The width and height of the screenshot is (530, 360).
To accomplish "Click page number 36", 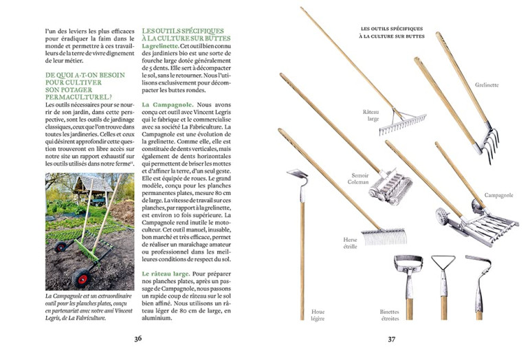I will point(137,338).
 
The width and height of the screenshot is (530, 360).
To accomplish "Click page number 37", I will point(392,338).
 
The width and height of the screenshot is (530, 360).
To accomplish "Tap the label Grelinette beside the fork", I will point(487,85).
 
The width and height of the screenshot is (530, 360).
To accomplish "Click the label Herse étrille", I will point(350,243).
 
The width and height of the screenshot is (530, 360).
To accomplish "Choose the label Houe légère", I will point(318,314).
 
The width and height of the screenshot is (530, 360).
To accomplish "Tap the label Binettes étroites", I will point(389,314).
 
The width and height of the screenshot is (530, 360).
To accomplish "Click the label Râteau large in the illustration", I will point(371,115).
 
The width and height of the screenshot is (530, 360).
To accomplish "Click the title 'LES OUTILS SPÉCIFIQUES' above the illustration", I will point(392,29).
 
